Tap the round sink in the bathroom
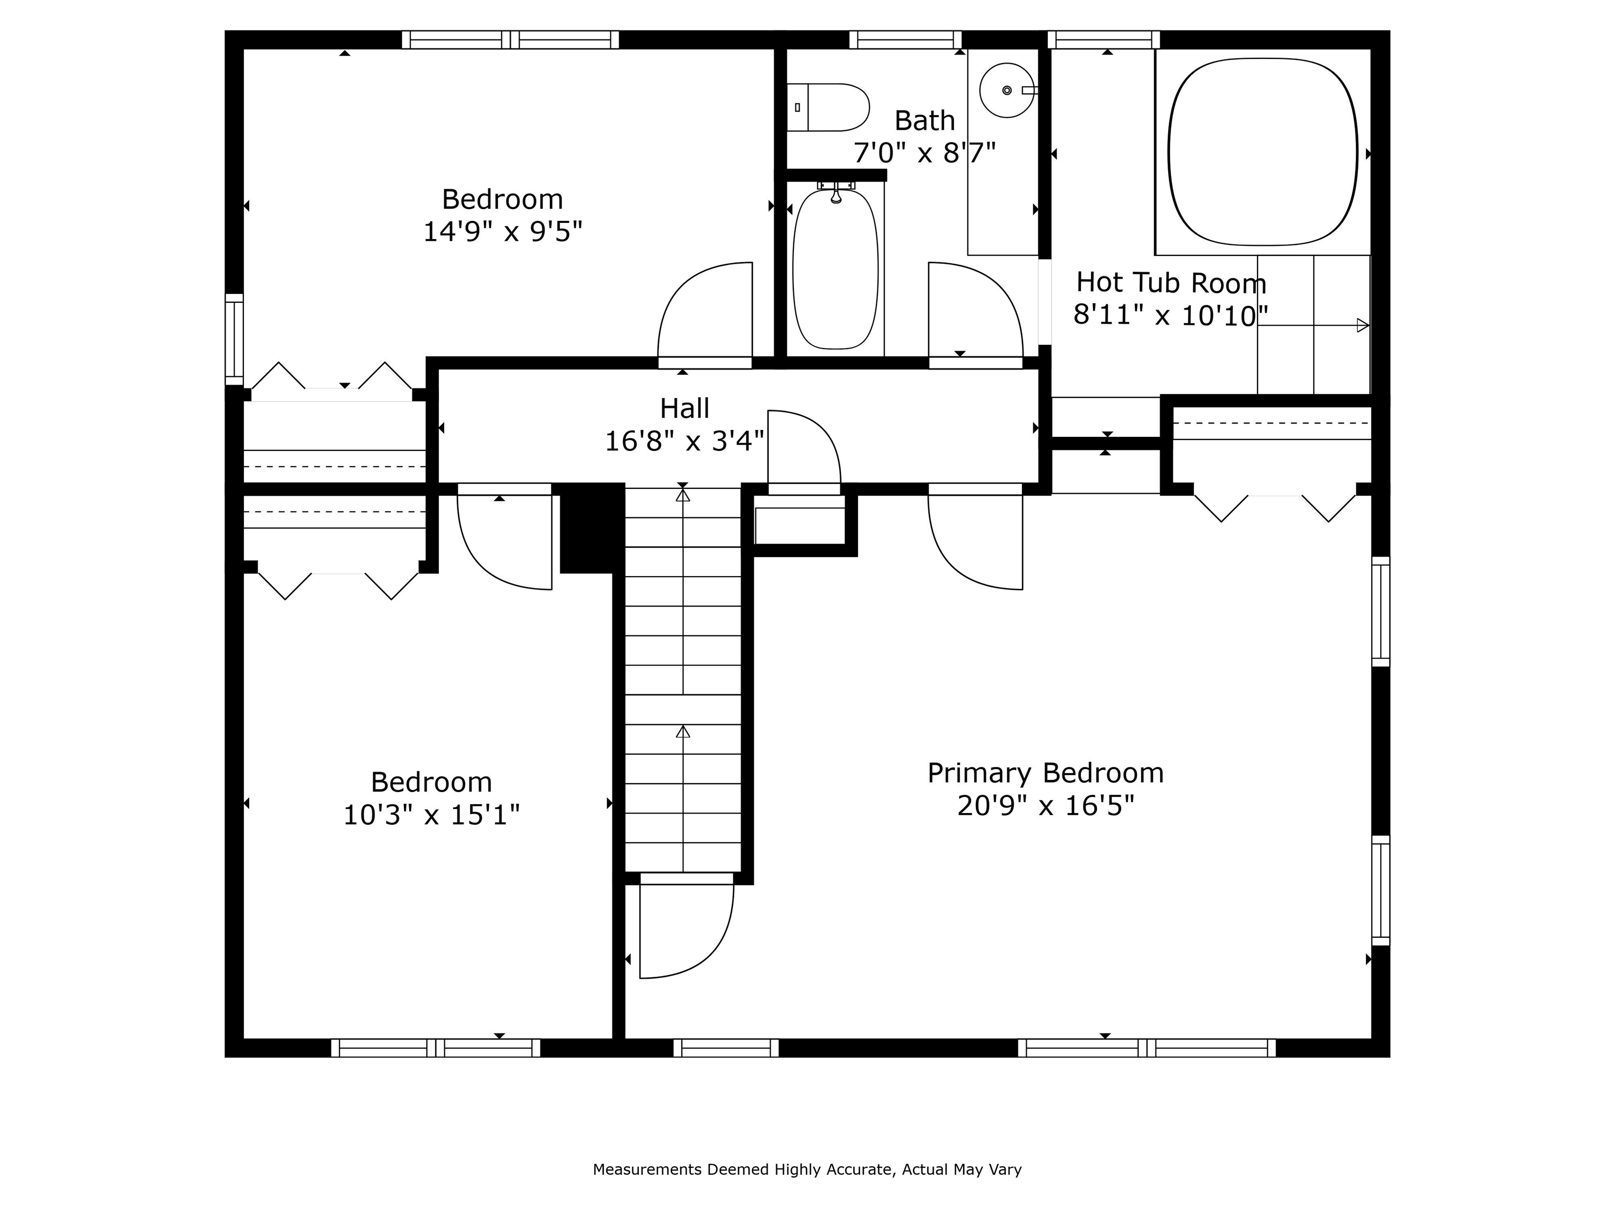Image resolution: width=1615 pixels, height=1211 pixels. [1007, 90]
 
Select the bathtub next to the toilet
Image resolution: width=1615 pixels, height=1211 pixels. [835, 269]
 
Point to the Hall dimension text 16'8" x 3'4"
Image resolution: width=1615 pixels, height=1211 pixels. [685, 441]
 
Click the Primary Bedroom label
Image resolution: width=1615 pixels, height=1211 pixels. [1046, 773]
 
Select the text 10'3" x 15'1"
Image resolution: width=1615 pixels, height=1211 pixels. [432, 815]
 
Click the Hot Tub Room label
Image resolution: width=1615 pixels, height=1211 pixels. [1171, 282]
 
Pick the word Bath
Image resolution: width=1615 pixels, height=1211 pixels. [924, 120]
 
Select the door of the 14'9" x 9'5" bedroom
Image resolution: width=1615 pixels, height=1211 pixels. [704, 310]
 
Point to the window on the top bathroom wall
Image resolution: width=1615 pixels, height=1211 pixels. [905, 39]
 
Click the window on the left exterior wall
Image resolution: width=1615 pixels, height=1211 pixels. [233, 340]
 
